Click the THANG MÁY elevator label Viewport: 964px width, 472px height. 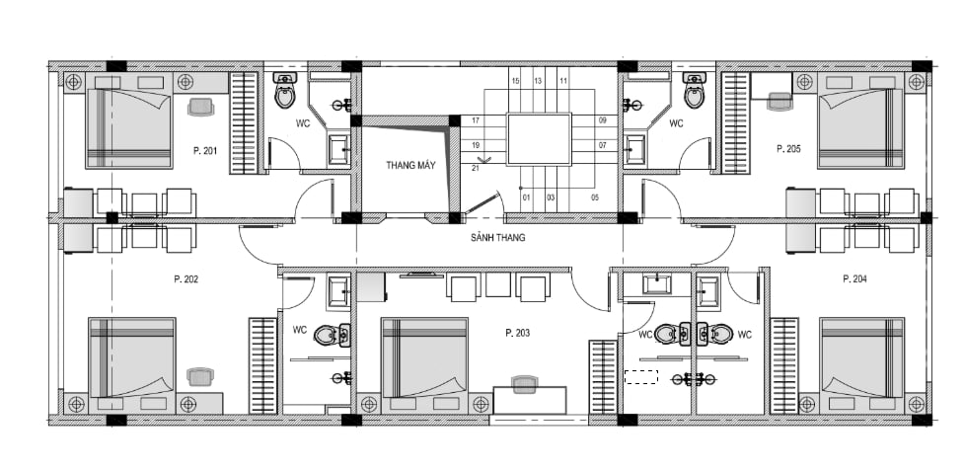[x=410, y=165]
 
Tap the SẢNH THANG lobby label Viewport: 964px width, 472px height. [x=498, y=238]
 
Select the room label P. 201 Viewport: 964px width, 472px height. [x=205, y=150]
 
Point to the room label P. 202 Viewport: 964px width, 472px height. [x=185, y=278]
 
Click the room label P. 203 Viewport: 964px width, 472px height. [x=518, y=333]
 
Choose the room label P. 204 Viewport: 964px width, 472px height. [x=854, y=278]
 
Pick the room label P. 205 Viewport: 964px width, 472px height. [x=788, y=148]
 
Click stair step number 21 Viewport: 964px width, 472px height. [x=476, y=168]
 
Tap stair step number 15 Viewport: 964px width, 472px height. [x=515, y=81]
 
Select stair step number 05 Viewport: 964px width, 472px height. [x=595, y=197]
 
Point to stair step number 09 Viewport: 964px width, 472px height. [x=602, y=120]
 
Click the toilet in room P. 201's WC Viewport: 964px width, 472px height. [x=284, y=90]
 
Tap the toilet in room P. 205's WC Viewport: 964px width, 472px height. [x=694, y=90]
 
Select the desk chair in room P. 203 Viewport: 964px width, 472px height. [x=524, y=385]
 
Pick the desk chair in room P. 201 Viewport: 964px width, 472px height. [x=200, y=107]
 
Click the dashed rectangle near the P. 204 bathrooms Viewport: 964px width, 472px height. [x=641, y=376]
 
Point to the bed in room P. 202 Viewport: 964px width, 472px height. [x=131, y=356]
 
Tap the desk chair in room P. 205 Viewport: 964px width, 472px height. [x=779, y=102]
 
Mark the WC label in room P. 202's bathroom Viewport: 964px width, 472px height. [x=299, y=330]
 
